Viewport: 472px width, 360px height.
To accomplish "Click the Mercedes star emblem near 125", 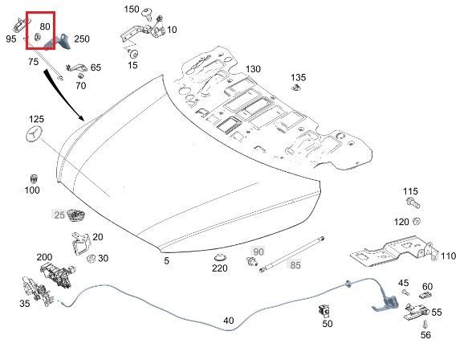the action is (x=34, y=134).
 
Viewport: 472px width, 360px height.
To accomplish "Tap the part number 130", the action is (x=253, y=69).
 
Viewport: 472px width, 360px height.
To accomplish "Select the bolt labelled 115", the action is (x=413, y=202).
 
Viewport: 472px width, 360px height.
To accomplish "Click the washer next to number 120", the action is (x=417, y=222).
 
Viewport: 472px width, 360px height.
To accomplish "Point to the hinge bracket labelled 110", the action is (x=393, y=252).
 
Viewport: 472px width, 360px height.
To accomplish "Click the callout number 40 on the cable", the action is (x=229, y=321).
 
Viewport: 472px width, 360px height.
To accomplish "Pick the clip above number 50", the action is (x=324, y=311).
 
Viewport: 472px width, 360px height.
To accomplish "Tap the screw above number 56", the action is (x=425, y=325).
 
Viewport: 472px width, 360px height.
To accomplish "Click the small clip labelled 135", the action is (x=296, y=88).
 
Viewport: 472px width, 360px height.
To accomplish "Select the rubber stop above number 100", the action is (x=34, y=178).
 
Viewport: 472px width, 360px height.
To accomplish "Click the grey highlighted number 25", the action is (x=59, y=215).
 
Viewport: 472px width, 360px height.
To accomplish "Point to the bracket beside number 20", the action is (x=80, y=243).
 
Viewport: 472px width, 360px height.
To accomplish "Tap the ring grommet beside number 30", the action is (x=91, y=258).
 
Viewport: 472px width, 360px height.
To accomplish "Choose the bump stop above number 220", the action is (x=220, y=258).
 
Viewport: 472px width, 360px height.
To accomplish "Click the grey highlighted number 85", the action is (x=295, y=265).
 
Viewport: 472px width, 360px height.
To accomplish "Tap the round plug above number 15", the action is (x=133, y=54).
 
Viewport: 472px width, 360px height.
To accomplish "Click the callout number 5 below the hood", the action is (x=166, y=261).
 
